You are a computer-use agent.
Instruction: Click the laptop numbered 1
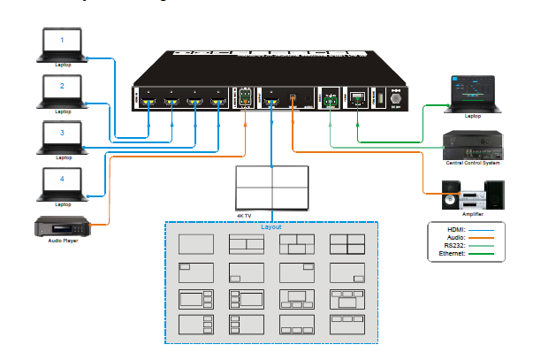point(62,44)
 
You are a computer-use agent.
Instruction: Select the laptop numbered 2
point(62,90)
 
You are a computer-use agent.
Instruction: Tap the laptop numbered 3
point(62,136)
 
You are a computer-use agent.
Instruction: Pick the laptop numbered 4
point(62,182)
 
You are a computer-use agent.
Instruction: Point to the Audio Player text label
point(62,241)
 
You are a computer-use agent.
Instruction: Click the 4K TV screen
point(271,186)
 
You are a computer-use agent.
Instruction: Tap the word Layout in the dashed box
point(271,227)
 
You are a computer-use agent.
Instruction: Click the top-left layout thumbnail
point(196,243)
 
